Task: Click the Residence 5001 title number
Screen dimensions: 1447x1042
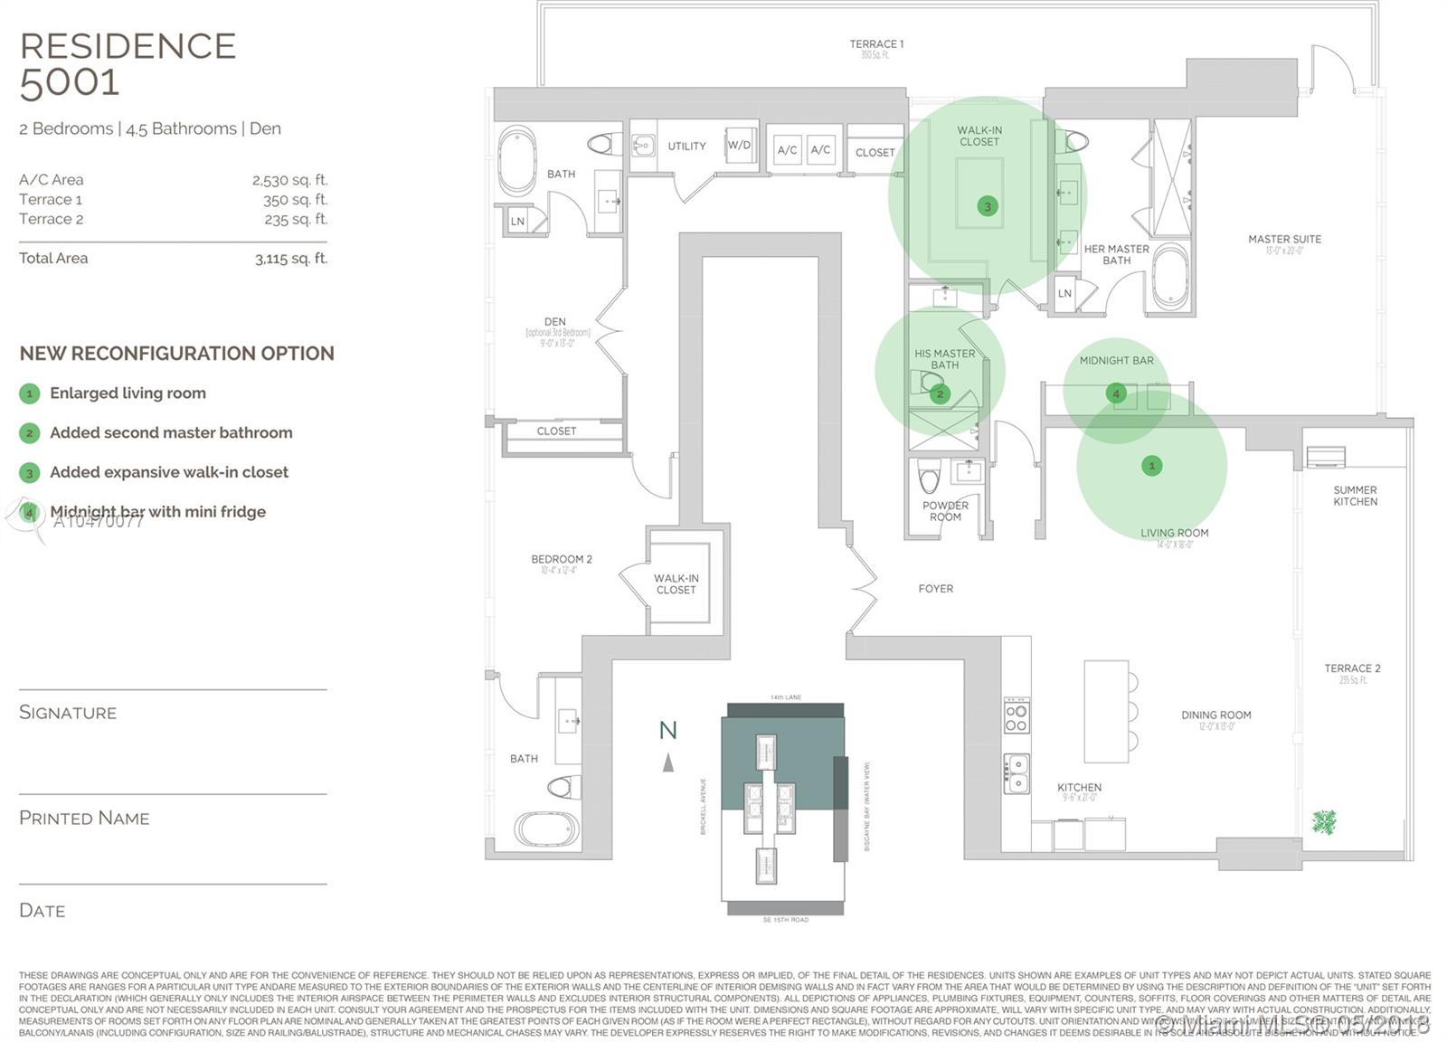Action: click(70, 83)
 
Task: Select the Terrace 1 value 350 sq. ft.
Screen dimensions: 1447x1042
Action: click(295, 200)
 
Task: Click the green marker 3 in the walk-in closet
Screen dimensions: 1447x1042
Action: click(988, 206)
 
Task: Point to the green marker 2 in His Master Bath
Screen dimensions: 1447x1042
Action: click(941, 393)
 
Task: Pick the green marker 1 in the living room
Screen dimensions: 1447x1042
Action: click(1151, 466)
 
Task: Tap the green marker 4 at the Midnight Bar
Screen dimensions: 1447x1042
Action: click(1116, 393)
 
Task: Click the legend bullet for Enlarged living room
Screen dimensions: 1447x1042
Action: click(29, 393)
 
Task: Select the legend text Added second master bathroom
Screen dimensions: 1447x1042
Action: click(171, 433)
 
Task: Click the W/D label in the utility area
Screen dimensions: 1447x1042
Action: click(739, 145)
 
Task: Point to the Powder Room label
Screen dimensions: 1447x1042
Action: click(945, 511)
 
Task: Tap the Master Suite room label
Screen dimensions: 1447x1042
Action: click(1284, 240)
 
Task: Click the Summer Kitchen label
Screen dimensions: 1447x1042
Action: click(1355, 496)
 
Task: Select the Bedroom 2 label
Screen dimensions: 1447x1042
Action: click(562, 559)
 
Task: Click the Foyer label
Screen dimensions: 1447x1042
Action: click(935, 589)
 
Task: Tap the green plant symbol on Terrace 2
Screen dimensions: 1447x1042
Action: click(1324, 821)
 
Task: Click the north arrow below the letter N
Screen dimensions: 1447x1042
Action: click(668, 763)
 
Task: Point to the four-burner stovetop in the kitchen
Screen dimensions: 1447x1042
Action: click(1017, 715)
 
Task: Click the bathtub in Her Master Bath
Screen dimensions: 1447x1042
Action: click(1171, 276)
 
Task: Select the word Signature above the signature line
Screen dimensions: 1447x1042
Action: click(68, 713)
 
